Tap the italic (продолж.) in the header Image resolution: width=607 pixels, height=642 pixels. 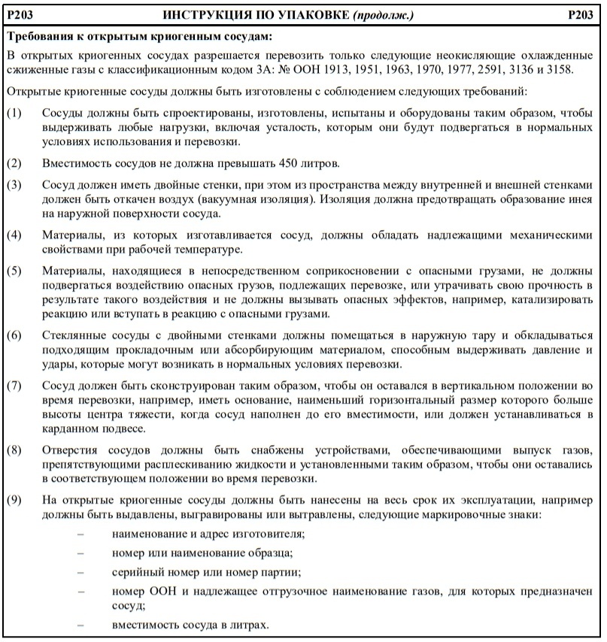[x=381, y=15]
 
